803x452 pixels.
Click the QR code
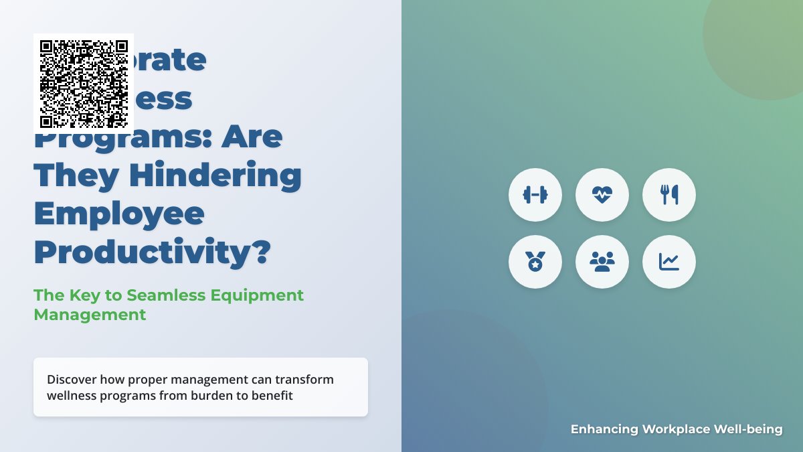(84, 84)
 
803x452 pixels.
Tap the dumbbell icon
(535, 195)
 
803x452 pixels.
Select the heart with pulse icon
(602, 195)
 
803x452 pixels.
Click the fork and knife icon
(669, 195)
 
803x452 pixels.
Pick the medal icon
(535, 262)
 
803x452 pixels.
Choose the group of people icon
(602, 262)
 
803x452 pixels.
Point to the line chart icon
(669, 262)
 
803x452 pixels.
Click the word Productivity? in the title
(153, 252)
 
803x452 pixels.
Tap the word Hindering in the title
(215, 175)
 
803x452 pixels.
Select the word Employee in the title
(119, 214)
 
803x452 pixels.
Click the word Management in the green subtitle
(90, 314)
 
